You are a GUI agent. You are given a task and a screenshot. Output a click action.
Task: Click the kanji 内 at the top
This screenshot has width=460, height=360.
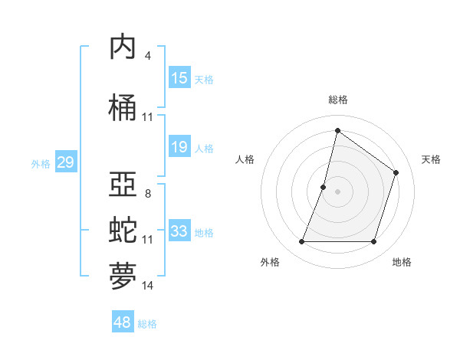point(124,47)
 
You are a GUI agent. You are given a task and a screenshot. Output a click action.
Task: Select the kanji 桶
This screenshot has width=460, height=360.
point(124,108)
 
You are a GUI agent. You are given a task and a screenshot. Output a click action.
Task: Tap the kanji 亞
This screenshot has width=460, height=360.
point(124,185)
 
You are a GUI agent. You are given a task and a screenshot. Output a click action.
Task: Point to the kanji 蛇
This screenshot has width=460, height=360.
point(124,231)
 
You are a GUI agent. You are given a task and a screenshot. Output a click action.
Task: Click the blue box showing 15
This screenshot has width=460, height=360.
point(179,78)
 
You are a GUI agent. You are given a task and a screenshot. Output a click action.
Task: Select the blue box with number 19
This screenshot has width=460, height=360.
point(179,147)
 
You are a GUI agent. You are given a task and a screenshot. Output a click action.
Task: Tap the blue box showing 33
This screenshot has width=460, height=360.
point(179,231)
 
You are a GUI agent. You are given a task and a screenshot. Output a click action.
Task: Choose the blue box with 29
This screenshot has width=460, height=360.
point(65,162)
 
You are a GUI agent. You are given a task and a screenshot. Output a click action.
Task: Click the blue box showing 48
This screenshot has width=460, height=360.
point(123,322)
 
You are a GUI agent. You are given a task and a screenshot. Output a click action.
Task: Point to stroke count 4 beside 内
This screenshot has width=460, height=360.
point(147,56)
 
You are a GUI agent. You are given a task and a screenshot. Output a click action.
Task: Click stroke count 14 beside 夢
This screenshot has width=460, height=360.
point(148,286)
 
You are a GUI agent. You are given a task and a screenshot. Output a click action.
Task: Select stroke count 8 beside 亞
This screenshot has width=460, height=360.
point(147,194)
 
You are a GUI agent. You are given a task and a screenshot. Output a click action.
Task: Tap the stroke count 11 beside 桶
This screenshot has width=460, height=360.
point(148,117)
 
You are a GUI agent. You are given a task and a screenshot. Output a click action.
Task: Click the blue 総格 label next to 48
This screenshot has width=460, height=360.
point(147,324)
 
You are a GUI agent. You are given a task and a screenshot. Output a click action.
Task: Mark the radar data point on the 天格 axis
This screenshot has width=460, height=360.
point(396,172)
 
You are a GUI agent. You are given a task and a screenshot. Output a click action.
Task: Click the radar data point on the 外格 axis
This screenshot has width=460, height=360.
point(302,242)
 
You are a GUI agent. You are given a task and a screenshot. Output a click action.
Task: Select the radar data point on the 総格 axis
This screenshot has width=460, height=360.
point(337,131)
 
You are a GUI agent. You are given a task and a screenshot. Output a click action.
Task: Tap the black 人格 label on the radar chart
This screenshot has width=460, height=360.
point(245,159)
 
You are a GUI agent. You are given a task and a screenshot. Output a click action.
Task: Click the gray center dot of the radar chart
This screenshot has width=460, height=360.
point(337,191)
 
